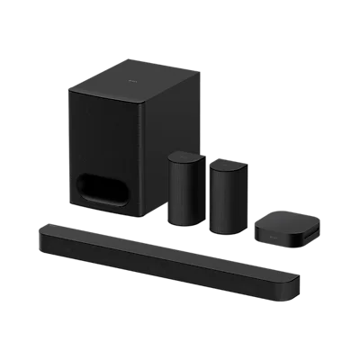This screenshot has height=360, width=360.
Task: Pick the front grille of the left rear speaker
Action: (x=181, y=193)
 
